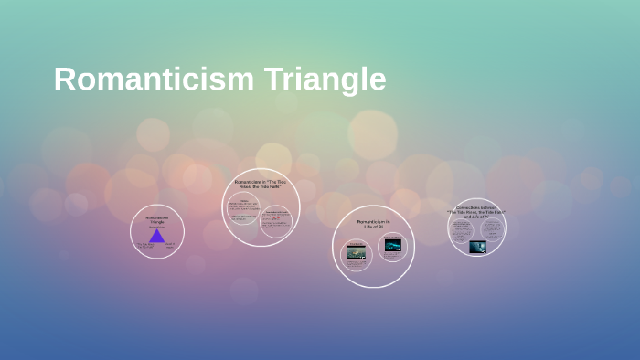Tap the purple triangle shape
point(157,237)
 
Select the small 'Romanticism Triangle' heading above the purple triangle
point(157,220)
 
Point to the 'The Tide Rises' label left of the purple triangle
point(144,246)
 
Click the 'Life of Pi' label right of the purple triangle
point(170,246)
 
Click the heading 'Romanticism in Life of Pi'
point(373,224)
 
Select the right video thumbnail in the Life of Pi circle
point(392,244)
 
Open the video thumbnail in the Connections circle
point(477,247)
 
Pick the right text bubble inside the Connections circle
point(491,229)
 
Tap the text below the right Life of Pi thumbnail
point(392,254)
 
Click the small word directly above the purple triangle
point(157,228)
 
